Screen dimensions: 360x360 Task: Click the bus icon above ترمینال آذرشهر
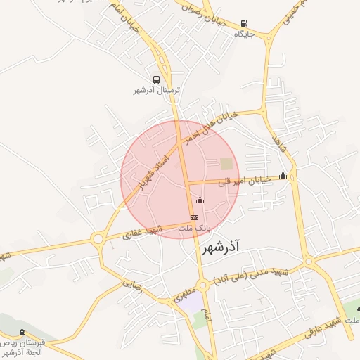(x=157, y=80)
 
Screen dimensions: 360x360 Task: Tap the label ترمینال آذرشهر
(x=157, y=91)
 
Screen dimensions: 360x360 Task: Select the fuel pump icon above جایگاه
(x=244, y=23)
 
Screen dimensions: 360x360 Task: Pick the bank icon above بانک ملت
(x=194, y=218)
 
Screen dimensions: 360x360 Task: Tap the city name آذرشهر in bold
(x=220, y=247)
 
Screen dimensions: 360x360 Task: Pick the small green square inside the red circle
(x=226, y=164)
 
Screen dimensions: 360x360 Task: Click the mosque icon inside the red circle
(x=200, y=200)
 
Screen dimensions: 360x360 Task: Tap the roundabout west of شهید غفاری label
(x=98, y=240)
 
